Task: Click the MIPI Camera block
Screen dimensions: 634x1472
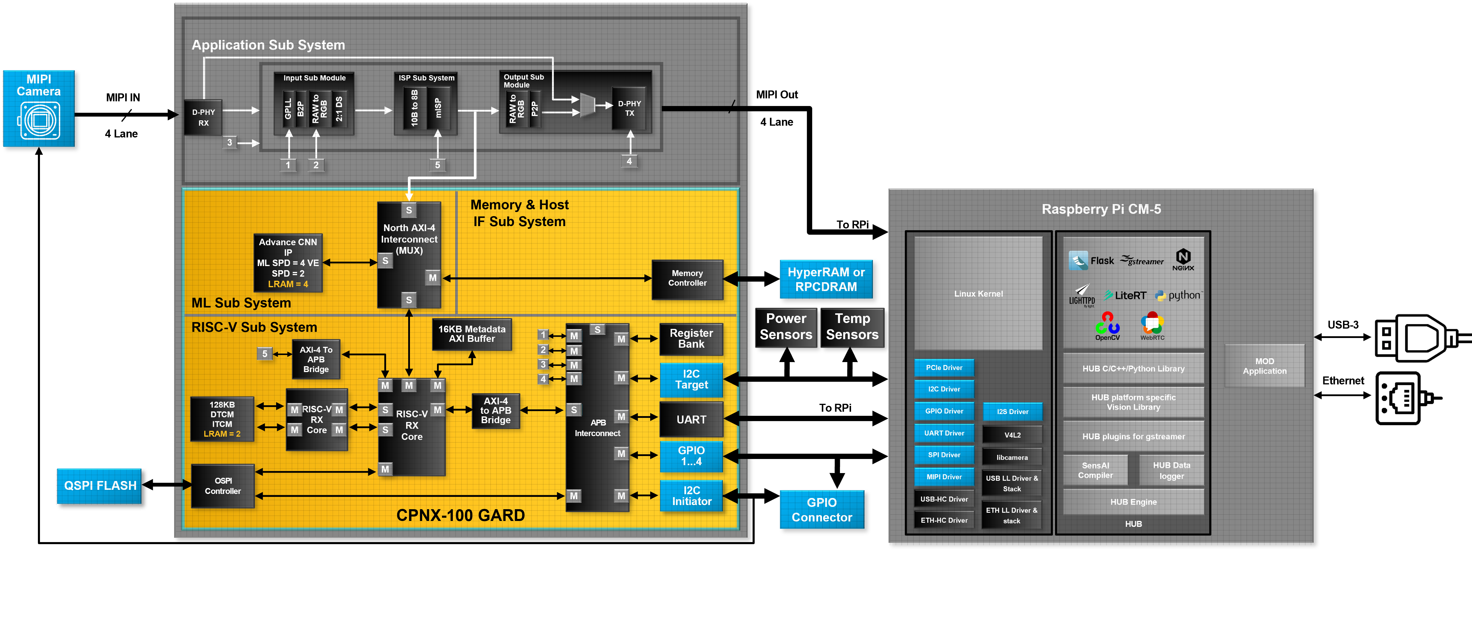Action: coord(39,109)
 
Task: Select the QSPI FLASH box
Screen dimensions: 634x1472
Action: coord(99,485)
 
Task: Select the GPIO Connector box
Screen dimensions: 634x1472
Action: coord(822,509)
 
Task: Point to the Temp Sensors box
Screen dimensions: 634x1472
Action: coord(852,327)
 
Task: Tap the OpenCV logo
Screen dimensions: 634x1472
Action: coord(1107,326)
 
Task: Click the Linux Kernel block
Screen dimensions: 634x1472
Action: coord(978,294)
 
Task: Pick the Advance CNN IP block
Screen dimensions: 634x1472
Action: coord(288,263)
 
